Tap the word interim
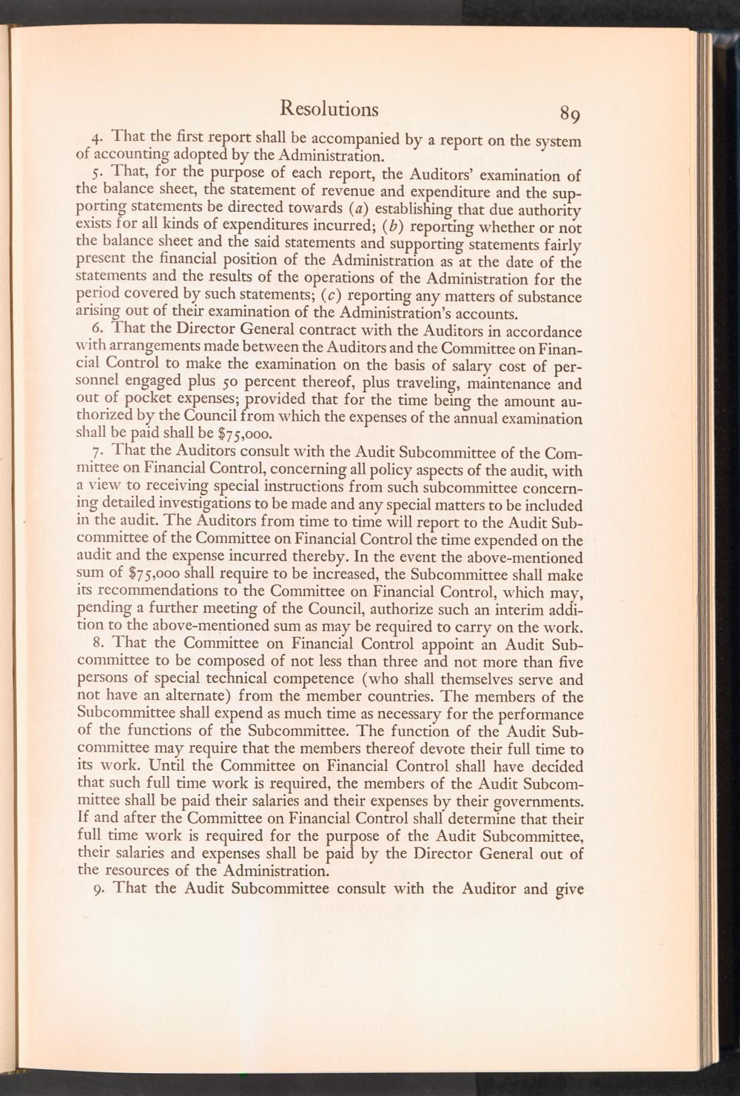click(x=514, y=607)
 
